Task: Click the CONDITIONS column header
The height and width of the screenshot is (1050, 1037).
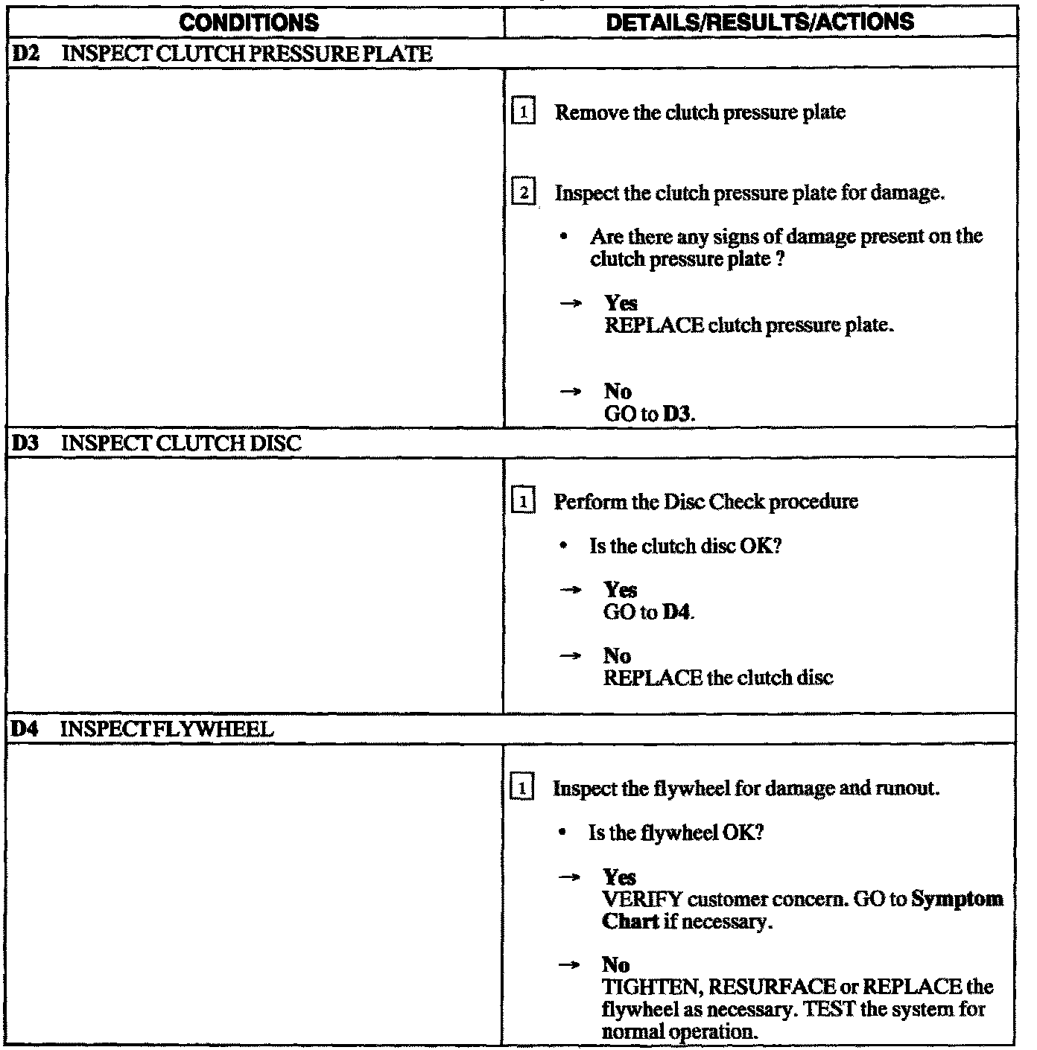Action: [249, 22]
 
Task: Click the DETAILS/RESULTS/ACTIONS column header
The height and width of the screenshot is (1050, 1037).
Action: [760, 22]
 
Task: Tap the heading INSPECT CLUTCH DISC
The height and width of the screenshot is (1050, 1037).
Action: [181, 444]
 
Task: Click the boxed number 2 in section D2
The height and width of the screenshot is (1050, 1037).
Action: [524, 194]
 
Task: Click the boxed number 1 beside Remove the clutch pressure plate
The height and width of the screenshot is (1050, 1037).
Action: [524, 113]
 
